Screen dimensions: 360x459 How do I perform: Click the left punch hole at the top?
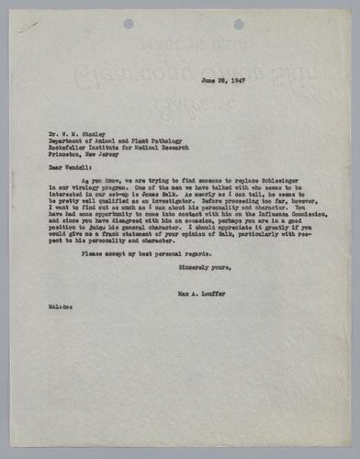(128, 24)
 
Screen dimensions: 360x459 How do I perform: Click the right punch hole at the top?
(239, 24)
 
